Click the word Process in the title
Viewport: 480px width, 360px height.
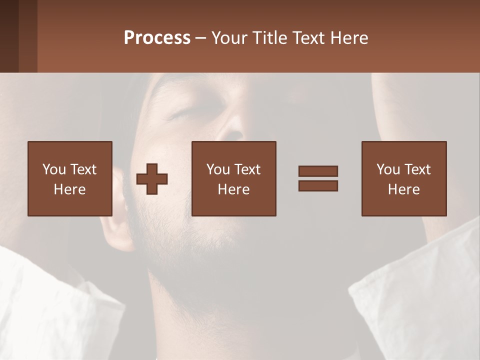(x=157, y=38)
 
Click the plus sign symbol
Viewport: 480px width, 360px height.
(x=152, y=179)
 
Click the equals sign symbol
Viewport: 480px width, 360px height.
(x=318, y=178)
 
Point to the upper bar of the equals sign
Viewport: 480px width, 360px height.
(x=318, y=171)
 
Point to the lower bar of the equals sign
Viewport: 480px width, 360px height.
(x=318, y=186)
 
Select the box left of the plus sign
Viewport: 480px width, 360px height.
(x=70, y=178)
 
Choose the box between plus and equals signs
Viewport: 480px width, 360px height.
(x=234, y=178)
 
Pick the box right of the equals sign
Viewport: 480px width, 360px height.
(x=404, y=178)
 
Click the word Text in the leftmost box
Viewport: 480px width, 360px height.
(x=83, y=169)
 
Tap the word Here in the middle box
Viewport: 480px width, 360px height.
(x=234, y=189)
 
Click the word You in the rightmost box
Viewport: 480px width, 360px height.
(x=388, y=169)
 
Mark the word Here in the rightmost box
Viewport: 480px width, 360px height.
(x=404, y=189)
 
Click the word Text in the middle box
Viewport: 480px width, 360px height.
(x=247, y=169)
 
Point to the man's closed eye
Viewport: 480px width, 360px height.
(x=181, y=114)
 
